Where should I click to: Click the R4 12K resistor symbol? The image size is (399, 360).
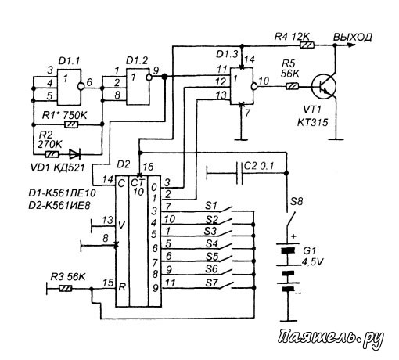[x=307, y=45]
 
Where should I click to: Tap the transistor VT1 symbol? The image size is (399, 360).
[x=324, y=87]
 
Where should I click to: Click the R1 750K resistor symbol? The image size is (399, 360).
[x=71, y=124]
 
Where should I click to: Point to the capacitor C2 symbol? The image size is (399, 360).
[x=240, y=173]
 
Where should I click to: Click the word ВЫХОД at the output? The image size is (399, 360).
[x=353, y=38]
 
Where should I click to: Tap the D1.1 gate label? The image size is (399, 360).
[x=69, y=62]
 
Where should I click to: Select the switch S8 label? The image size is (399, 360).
[x=297, y=201]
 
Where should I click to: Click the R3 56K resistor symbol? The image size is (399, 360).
[x=66, y=289]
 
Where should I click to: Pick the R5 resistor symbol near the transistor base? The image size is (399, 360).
[x=293, y=86]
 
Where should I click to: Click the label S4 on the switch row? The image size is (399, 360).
[x=211, y=243]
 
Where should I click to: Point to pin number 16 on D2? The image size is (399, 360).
[x=148, y=167]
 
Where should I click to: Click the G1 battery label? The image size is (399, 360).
[x=309, y=251]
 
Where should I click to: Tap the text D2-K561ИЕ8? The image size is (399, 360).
[x=59, y=205]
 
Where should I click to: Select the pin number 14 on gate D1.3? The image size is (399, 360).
[x=250, y=59]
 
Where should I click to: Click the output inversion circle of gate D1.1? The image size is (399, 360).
[x=81, y=86]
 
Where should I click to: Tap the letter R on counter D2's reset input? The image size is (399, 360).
[x=122, y=287]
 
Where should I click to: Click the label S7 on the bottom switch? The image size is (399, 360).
[x=211, y=283]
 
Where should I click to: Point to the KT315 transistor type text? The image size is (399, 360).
[x=313, y=122]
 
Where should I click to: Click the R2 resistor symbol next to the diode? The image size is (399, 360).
[x=52, y=154]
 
